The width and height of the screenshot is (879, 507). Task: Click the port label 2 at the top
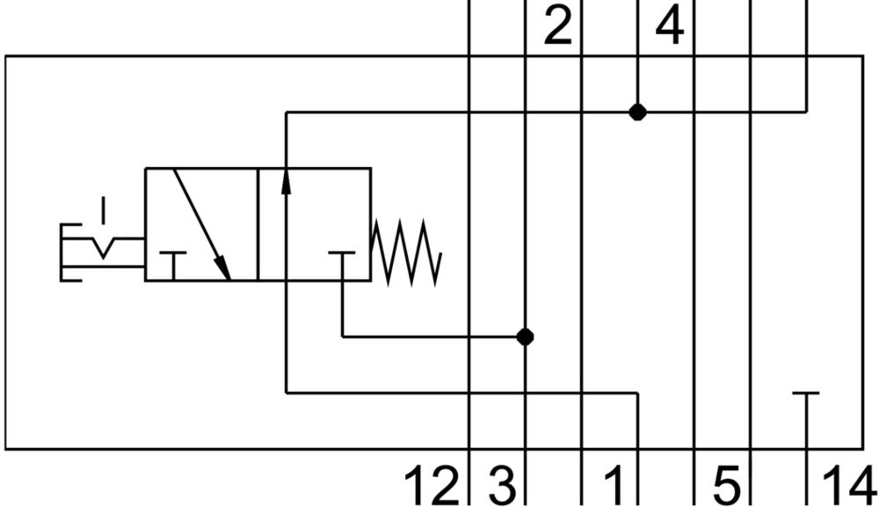[x=557, y=27]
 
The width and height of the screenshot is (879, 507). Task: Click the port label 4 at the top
[x=669, y=27]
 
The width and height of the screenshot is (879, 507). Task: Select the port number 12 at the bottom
[x=432, y=486]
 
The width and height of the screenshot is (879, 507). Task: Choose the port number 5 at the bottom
[x=726, y=486]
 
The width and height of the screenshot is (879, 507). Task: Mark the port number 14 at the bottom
[x=848, y=486]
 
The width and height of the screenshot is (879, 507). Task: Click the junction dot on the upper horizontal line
[x=638, y=112]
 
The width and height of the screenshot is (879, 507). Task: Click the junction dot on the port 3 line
[x=525, y=337]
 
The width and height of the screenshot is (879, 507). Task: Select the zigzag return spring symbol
[x=405, y=251]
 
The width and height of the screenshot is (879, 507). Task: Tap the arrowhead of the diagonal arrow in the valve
[x=223, y=269]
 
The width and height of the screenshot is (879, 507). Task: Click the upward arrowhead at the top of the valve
[x=287, y=180]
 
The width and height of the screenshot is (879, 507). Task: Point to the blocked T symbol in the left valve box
[x=174, y=262]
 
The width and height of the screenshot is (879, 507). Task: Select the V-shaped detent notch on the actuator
[x=104, y=248]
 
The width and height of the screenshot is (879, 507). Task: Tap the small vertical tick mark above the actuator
[x=104, y=210]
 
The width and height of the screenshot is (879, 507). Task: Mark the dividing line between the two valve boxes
[x=258, y=224]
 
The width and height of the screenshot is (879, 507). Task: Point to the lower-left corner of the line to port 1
[x=287, y=393]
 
